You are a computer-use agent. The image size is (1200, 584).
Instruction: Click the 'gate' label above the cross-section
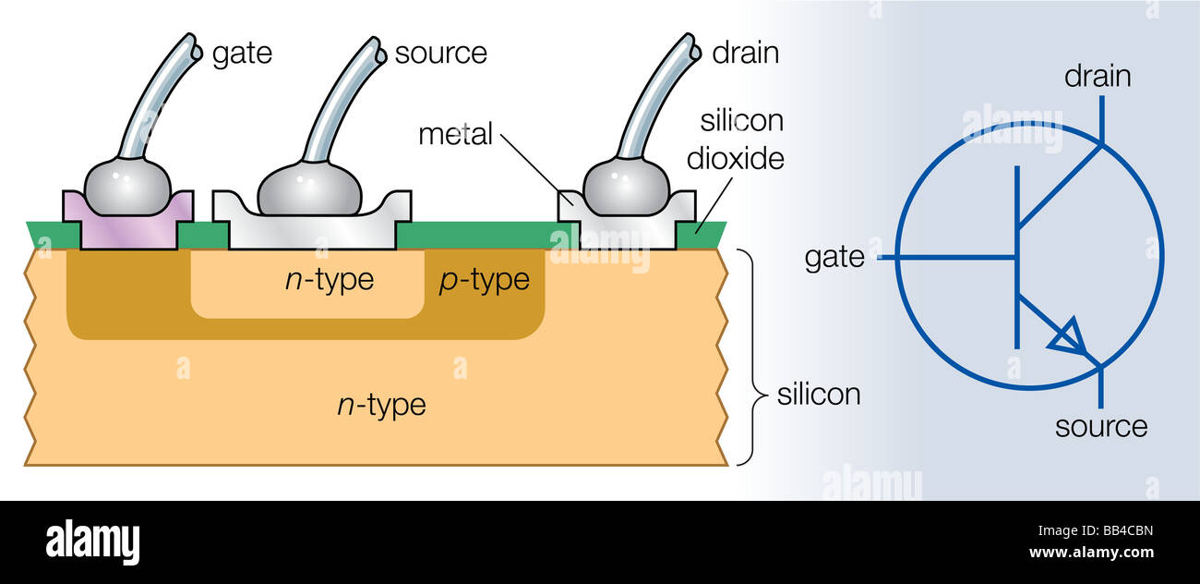tap(242, 54)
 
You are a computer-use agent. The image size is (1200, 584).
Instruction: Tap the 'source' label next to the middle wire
tap(440, 54)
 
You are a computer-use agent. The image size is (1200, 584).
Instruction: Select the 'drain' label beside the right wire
tap(745, 54)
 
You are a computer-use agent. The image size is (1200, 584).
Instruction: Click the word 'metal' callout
tap(455, 134)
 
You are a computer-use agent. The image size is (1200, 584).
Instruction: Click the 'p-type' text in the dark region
tap(484, 280)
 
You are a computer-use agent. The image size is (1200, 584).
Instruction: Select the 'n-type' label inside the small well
tap(329, 280)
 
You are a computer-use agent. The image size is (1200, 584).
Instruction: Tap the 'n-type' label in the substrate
tap(381, 404)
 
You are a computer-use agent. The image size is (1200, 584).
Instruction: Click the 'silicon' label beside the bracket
tap(818, 395)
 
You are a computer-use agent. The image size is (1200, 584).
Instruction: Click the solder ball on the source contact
tap(309, 189)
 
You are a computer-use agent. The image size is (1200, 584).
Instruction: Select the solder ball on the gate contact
tap(127, 186)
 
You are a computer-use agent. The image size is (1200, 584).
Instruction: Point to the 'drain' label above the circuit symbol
tap(1098, 76)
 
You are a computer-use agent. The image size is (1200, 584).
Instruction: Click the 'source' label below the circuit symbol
tap(1100, 426)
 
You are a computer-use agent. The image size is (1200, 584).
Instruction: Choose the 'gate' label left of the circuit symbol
tap(834, 257)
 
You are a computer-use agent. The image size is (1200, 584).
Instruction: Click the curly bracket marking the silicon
tap(756, 356)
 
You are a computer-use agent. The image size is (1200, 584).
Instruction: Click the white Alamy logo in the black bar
tap(92, 542)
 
